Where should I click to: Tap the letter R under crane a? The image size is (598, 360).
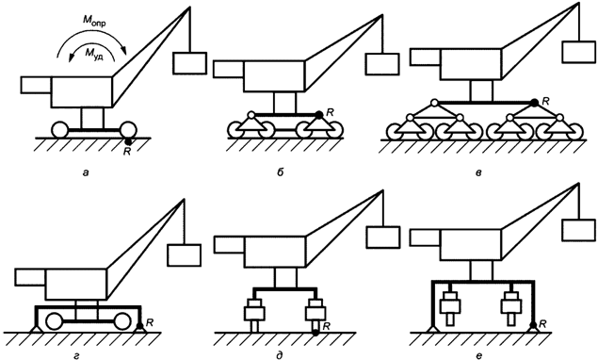(x=128, y=149)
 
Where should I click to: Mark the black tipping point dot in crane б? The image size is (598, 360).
(x=319, y=114)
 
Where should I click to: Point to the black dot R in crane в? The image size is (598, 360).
(x=535, y=101)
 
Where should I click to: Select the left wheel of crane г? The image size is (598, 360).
(x=60, y=316)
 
